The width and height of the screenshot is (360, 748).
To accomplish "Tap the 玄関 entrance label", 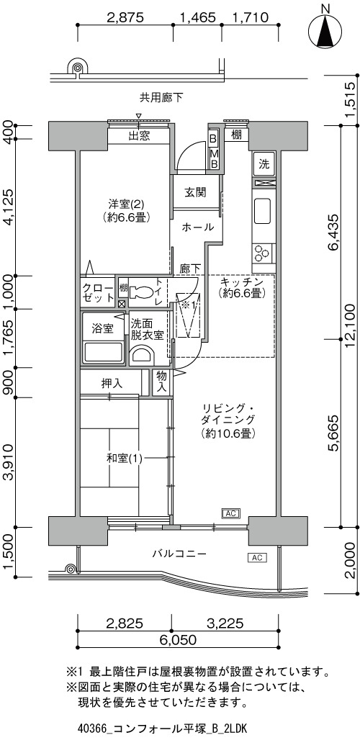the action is pyautogui.click(x=196, y=193).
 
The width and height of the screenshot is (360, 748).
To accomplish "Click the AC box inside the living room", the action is pyautogui.click(x=230, y=513).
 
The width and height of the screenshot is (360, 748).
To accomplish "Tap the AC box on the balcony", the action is pyautogui.click(x=257, y=557).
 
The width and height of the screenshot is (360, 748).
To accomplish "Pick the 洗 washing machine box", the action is pyautogui.click(x=264, y=165).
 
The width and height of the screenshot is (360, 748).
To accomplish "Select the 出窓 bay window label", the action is pyautogui.click(x=139, y=136).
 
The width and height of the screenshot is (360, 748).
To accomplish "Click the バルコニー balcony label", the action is pyautogui.click(x=179, y=554).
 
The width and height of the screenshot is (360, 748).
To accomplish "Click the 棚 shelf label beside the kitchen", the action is pyautogui.click(x=235, y=135).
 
